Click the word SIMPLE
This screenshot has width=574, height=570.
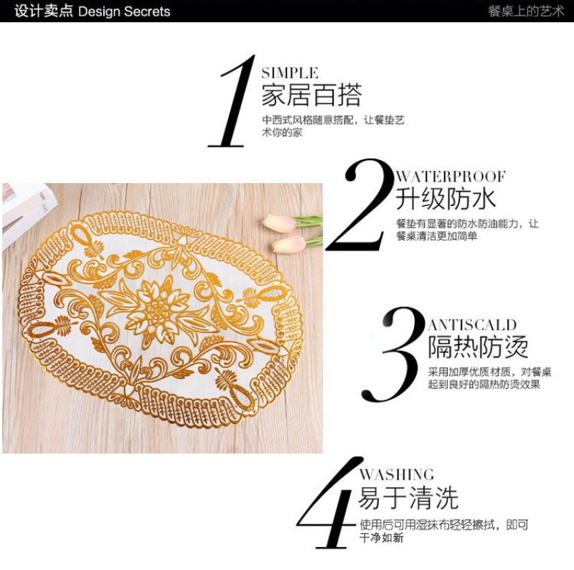click(290, 73)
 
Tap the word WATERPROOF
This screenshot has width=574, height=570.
click(451, 177)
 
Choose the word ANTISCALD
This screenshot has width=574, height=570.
click(472, 325)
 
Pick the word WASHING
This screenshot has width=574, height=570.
click(397, 475)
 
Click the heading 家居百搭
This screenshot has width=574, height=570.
click(311, 95)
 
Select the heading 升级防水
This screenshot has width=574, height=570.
click(446, 199)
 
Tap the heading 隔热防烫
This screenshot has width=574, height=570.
click(478, 347)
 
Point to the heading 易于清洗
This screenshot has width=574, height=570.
click(408, 497)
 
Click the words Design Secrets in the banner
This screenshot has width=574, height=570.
click(124, 11)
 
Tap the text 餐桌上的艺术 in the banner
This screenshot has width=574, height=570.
click(526, 11)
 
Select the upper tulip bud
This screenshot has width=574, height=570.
click(279, 223)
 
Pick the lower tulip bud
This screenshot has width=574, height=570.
click(289, 244)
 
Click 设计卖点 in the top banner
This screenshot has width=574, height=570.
click(44, 11)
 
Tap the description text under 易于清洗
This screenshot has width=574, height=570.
click(443, 531)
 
